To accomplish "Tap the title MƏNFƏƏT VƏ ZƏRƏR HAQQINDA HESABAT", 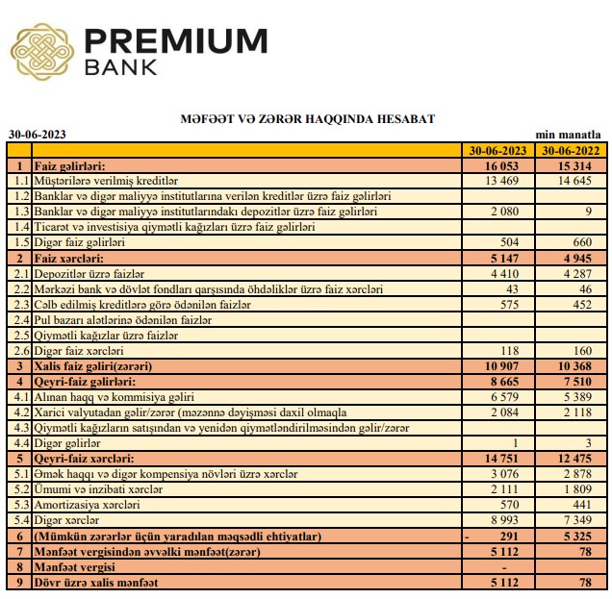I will point(307,119).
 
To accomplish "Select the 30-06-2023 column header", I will point(497,151).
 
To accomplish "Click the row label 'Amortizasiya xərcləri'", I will point(88,505).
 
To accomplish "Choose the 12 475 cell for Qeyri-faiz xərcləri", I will point(581,459).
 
